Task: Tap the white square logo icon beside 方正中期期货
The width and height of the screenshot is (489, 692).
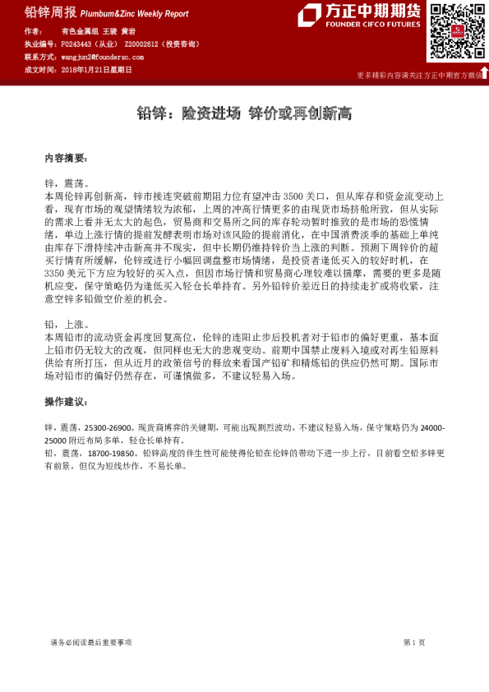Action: pyautogui.click(x=309, y=14)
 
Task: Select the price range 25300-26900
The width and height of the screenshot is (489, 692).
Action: pyautogui.click(x=108, y=428)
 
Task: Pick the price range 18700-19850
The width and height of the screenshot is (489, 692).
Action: pyautogui.click(x=108, y=453)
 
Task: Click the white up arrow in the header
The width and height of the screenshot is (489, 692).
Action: pyautogui.click(x=484, y=73)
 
